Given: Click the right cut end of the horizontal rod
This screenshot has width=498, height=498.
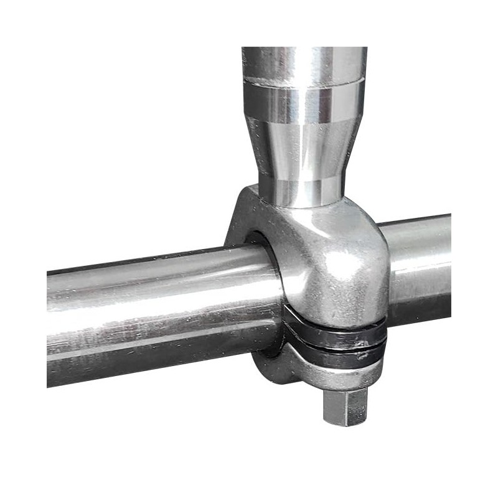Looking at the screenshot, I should [x=448, y=261].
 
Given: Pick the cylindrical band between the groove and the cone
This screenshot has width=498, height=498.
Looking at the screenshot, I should [x=303, y=103].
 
